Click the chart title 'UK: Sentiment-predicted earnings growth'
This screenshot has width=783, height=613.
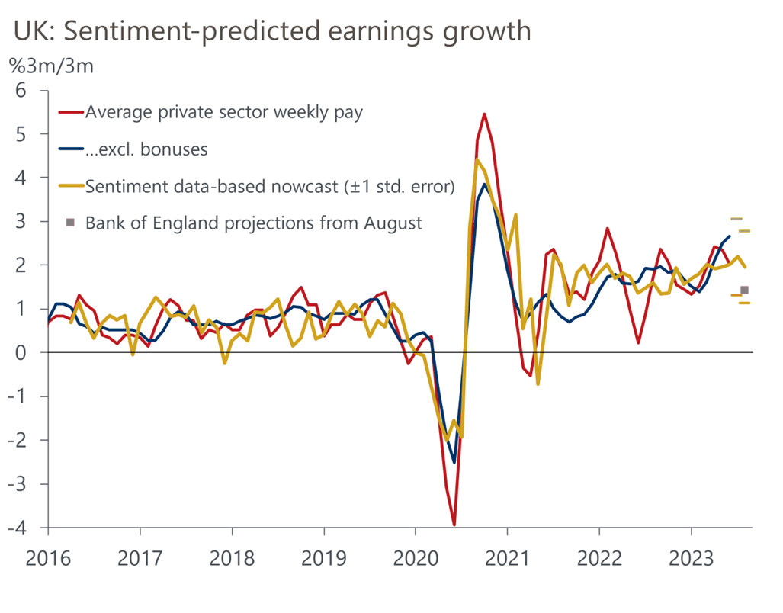(x=271, y=30)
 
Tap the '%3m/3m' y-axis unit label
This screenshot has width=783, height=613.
(x=51, y=66)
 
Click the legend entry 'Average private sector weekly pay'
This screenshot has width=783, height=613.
(x=224, y=112)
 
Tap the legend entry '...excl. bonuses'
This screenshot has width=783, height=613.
(x=146, y=149)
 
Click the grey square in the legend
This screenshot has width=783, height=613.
(x=71, y=223)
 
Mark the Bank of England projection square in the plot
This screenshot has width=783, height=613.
(x=745, y=290)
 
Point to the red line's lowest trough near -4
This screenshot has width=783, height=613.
(x=454, y=525)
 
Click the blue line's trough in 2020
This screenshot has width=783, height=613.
(x=454, y=462)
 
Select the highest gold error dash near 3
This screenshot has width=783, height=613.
(x=736, y=219)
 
